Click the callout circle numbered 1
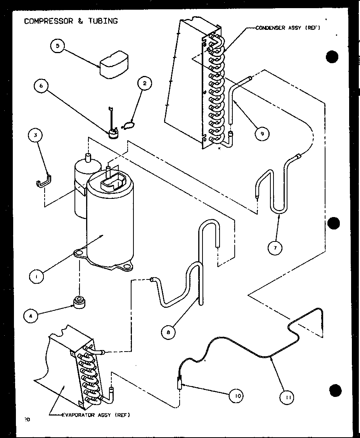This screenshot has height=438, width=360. (x=37, y=276)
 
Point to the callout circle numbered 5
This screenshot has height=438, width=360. (x=57, y=46)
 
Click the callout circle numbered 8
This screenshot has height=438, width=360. (x=168, y=332)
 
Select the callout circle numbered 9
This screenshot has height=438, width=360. (x=262, y=134)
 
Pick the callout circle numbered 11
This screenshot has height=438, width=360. (x=287, y=397)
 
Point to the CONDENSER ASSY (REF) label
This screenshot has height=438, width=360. (x=287, y=28)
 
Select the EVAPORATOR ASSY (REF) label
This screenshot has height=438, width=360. (x=96, y=415)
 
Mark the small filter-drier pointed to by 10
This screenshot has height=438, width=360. (x=180, y=384)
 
